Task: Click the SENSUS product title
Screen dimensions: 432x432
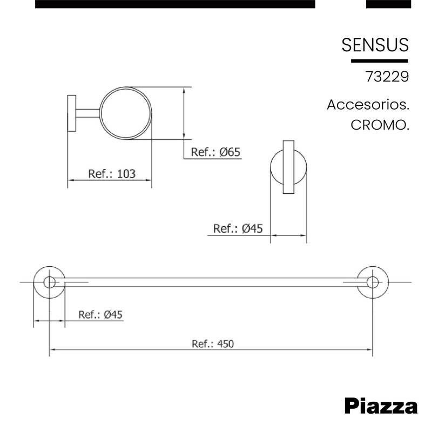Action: coord(375,45)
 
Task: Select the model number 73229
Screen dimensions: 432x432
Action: coord(387,77)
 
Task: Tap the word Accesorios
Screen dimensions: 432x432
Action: coord(368,105)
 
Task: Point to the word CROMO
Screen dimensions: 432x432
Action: coord(380,125)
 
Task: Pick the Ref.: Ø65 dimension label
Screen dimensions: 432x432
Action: coord(215,152)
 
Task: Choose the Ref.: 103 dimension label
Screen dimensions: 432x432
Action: coord(112,174)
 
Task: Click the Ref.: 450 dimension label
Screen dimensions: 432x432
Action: coord(213,344)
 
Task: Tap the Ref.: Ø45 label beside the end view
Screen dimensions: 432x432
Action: coord(238,228)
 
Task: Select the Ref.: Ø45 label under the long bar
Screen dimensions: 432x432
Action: coord(100,314)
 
